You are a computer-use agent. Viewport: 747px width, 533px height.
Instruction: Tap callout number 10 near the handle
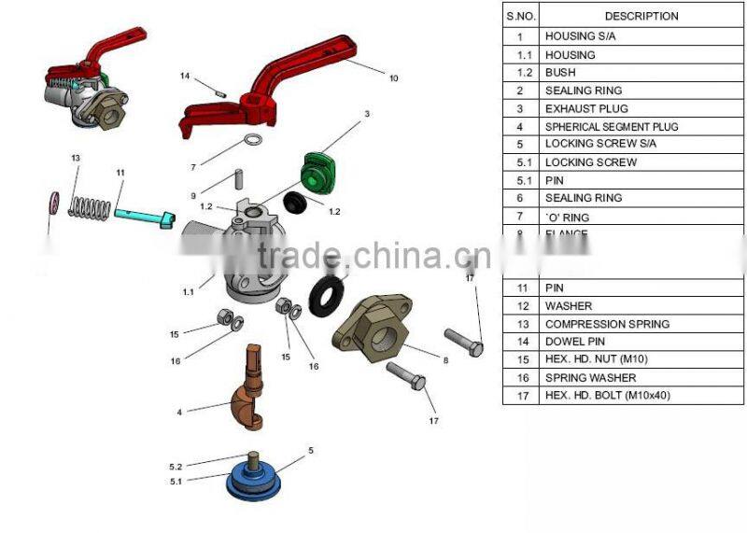[x=393, y=78]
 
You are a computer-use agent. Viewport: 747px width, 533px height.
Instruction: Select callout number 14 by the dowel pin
[x=185, y=76]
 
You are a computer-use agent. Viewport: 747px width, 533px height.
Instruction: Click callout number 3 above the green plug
[x=367, y=114]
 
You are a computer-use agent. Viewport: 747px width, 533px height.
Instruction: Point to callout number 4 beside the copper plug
[x=179, y=411]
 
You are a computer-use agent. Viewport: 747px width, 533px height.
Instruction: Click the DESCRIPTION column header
[x=641, y=16]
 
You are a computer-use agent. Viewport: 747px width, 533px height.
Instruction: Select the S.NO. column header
[x=519, y=16]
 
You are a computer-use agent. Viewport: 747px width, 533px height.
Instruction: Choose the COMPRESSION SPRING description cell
[x=607, y=324]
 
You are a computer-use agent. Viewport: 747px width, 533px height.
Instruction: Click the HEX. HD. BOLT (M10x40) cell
[x=607, y=396]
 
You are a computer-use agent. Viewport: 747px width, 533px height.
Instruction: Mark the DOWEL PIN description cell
[x=577, y=342]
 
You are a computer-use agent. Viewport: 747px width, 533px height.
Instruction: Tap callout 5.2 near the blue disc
[x=176, y=466]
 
